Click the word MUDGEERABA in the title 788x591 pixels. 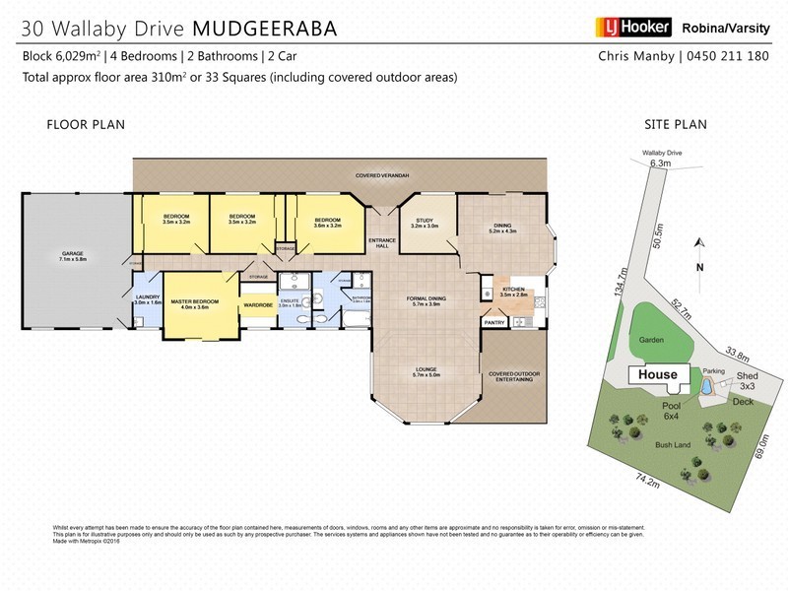click(271, 28)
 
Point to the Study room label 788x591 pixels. click(425, 223)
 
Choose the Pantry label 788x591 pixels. click(494, 322)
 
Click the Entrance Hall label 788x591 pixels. click(381, 244)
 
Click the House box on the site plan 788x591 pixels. click(657, 374)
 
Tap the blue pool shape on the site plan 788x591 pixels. click(707, 388)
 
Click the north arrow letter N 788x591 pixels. click(699, 267)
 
